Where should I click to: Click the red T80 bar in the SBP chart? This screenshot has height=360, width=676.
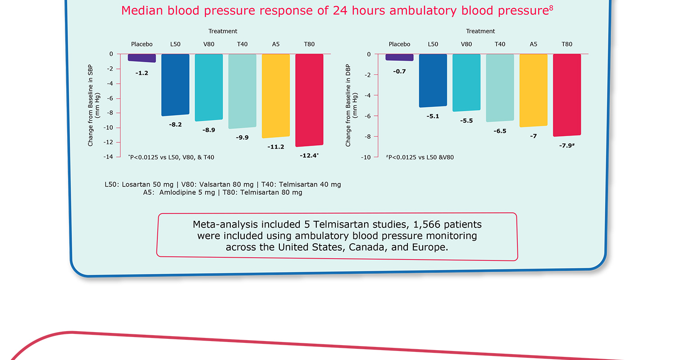(309, 100)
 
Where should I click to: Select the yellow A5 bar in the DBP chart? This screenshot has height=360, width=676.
(534, 90)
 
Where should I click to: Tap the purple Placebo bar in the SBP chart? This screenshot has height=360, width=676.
(142, 58)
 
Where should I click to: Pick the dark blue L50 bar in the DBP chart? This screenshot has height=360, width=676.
(433, 80)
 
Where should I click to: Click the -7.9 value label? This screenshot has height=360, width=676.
(566, 146)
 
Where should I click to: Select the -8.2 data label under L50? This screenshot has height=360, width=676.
(175, 124)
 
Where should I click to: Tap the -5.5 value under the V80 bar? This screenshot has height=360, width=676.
(466, 121)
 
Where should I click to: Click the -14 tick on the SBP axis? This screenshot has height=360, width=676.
(109, 157)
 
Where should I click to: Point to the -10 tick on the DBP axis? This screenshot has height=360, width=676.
(366, 157)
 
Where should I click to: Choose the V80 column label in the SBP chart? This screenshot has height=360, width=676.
(209, 44)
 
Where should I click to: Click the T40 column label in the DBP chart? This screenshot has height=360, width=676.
(500, 44)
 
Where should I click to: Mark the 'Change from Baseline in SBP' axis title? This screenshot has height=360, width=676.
(91, 106)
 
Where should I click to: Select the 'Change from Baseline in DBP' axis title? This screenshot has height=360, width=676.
(348, 106)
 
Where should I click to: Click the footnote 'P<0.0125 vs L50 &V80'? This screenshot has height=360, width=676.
(420, 157)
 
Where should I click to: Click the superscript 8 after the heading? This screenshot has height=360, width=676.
(551, 7)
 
